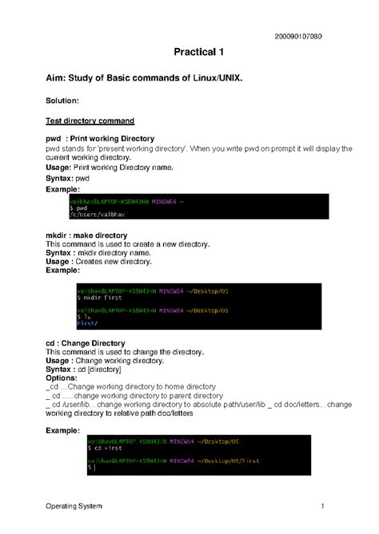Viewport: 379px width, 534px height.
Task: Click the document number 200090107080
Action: pos(299,38)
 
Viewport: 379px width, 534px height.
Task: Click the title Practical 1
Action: pos(198,53)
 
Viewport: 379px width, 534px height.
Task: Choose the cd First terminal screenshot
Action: pos(201,455)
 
